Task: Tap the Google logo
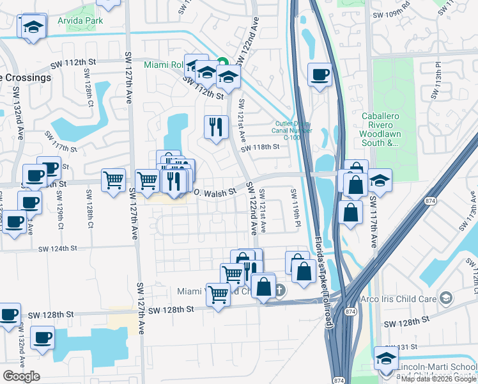point(21,376)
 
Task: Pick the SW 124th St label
point(58,248)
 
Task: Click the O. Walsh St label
point(215,191)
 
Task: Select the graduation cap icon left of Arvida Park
point(32,27)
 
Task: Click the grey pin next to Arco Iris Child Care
point(446,298)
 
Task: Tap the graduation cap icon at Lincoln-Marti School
point(385,358)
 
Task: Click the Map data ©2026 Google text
point(438,379)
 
